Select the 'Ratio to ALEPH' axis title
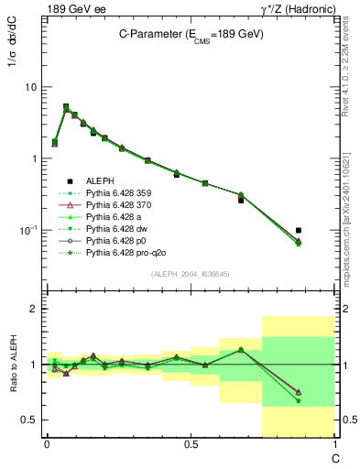(13, 364)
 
